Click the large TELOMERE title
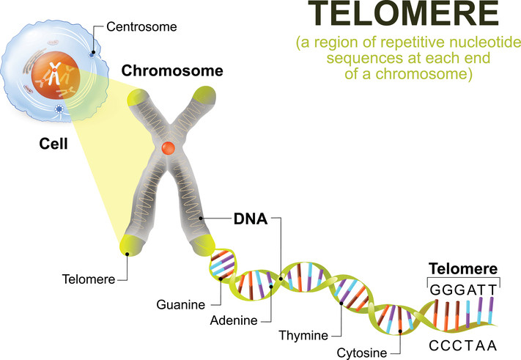(x=403, y=13)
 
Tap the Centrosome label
(x=141, y=27)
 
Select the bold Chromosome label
(x=172, y=70)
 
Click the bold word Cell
(x=53, y=144)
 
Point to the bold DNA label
(x=251, y=219)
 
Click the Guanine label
(x=181, y=305)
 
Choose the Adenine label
(x=234, y=320)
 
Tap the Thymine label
(x=303, y=335)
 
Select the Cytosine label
(x=362, y=353)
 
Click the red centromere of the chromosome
(x=168, y=148)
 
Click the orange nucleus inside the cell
(x=56, y=76)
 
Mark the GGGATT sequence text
(x=463, y=290)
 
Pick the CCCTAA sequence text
(x=463, y=346)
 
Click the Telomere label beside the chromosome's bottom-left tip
(x=89, y=279)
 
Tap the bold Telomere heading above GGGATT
(x=463, y=268)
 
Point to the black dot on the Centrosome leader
(x=93, y=52)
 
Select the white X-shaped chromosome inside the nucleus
(x=54, y=73)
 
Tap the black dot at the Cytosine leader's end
(x=400, y=331)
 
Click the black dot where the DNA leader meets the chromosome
(x=201, y=218)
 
